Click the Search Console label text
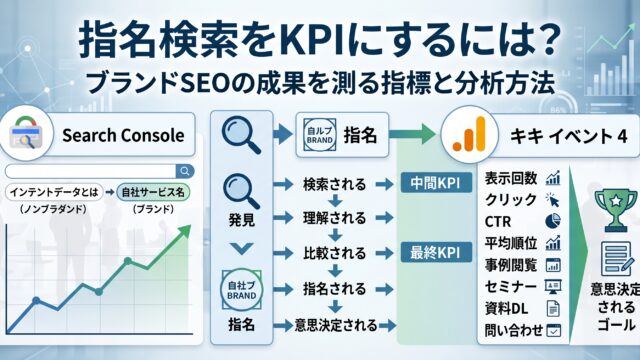[x=123, y=136]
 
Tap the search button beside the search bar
[x=185, y=171]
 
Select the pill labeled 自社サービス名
[x=153, y=192]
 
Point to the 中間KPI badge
[x=436, y=182]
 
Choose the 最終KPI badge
[x=436, y=252]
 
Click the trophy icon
[x=616, y=209]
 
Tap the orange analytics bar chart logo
[x=469, y=135]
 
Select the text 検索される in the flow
[x=334, y=184]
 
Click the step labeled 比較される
[x=334, y=253]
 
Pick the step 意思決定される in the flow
[x=336, y=325]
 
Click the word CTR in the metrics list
[x=498, y=222]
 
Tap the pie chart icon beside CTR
[x=553, y=221]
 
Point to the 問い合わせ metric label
[x=514, y=331]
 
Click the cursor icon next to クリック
[x=553, y=200]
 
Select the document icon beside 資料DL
[x=553, y=309]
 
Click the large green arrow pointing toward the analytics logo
[x=412, y=134]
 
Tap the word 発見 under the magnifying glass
[x=242, y=220]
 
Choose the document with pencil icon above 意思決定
[x=616, y=258]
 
